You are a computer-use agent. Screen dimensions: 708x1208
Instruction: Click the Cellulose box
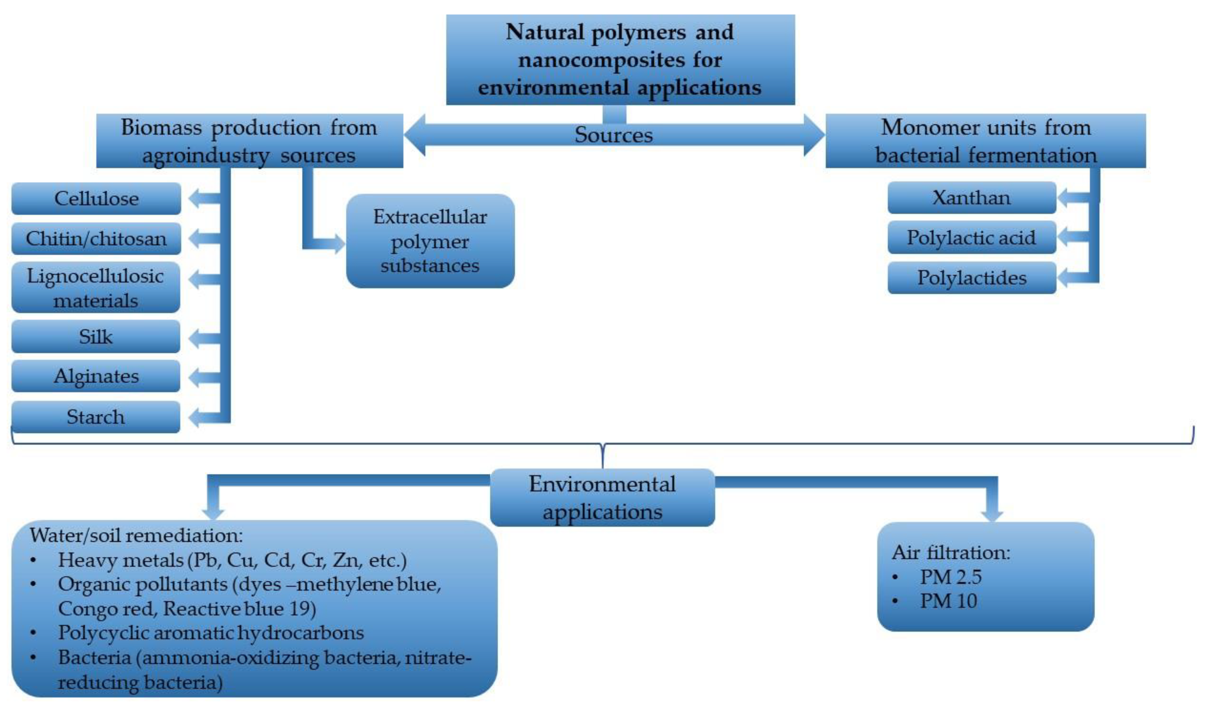96,198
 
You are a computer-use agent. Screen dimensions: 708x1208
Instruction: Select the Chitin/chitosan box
96,238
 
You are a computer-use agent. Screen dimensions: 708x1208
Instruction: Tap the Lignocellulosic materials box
96,288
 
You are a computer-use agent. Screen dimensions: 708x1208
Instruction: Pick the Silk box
96,337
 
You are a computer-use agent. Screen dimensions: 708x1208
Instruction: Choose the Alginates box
96,376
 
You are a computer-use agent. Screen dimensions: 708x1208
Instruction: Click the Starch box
96,416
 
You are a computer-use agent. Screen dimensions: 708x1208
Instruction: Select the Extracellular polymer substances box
430,241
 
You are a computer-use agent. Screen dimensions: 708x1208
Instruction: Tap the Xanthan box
971,198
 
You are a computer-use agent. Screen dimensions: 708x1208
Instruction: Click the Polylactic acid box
971,237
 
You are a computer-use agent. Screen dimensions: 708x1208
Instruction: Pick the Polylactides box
971,277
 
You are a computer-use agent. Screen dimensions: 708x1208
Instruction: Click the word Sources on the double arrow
614,135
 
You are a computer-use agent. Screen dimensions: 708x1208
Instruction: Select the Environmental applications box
602,497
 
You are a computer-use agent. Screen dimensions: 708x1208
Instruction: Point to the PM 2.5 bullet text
951,576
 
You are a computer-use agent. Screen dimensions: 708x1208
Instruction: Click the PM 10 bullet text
948,601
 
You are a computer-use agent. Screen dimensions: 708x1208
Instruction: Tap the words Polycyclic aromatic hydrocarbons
211,633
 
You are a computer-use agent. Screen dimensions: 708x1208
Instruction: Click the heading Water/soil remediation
136,535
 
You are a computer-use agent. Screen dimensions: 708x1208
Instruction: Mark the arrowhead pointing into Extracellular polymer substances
339,244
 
